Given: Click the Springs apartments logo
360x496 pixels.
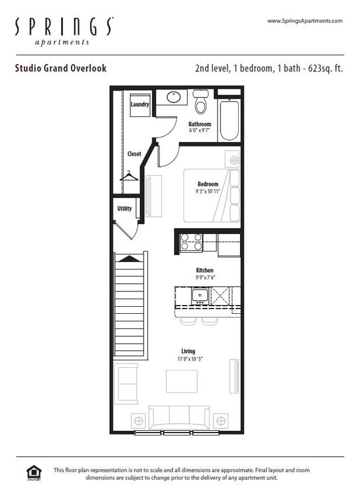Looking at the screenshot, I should click(64, 31).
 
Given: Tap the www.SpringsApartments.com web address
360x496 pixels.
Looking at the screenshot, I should click(304, 21).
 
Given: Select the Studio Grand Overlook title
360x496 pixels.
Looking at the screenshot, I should click(61, 68).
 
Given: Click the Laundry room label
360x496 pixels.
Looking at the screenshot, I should click(139, 105).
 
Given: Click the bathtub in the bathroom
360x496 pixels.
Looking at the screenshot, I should click(229, 120).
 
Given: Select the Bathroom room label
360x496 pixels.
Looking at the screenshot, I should click(199, 124).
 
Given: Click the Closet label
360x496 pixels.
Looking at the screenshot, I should click(134, 154).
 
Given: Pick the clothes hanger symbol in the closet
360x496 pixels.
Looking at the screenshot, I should click(129, 175).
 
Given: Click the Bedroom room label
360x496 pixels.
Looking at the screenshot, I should click(208, 184).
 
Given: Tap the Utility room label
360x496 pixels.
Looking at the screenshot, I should click(124, 209).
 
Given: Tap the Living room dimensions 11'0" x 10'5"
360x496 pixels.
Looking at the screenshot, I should click(188, 358).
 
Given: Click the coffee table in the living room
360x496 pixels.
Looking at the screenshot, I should click(181, 381).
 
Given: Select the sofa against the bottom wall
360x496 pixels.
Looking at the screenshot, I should click(179, 417).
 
